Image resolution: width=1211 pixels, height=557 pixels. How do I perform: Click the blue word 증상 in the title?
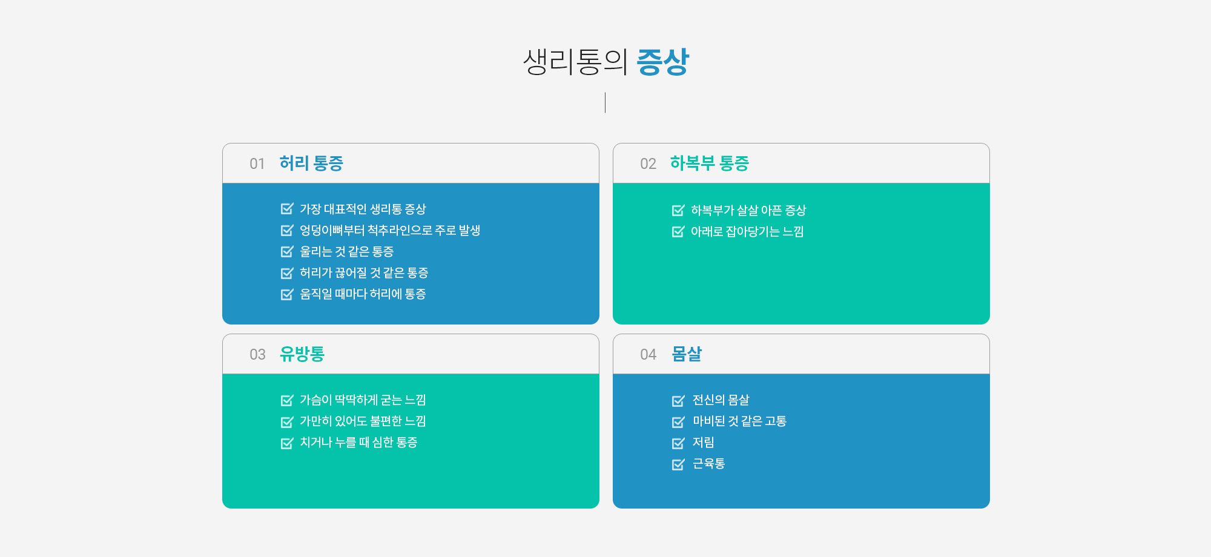click(x=663, y=62)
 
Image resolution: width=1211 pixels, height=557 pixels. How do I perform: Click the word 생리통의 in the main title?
click(x=575, y=62)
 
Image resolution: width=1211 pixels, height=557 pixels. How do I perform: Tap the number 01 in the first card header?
click(x=257, y=164)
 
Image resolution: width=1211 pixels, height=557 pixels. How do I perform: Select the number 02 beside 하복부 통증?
click(x=648, y=164)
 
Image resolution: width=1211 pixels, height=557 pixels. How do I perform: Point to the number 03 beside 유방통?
click(x=257, y=355)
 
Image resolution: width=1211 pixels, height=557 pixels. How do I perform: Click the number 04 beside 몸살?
click(x=648, y=355)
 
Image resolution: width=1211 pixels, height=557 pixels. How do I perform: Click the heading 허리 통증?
click(x=311, y=163)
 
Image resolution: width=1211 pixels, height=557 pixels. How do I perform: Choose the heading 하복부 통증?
click(x=710, y=163)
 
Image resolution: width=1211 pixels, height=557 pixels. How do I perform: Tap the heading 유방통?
click(x=302, y=354)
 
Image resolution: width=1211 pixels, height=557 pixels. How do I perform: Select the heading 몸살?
click(x=687, y=354)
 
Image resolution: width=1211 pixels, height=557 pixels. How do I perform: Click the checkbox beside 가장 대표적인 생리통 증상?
click(x=287, y=209)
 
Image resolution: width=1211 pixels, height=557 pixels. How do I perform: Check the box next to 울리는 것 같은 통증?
click(x=287, y=251)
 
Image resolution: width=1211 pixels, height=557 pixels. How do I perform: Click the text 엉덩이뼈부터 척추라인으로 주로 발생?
click(x=390, y=231)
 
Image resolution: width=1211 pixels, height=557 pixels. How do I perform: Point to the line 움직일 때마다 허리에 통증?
click(x=363, y=294)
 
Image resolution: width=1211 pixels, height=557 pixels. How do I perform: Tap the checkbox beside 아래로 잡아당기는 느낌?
click(x=678, y=232)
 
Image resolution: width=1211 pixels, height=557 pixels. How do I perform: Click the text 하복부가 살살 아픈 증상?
click(x=748, y=211)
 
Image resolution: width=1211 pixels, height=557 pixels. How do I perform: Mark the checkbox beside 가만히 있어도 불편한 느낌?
click(x=287, y=421)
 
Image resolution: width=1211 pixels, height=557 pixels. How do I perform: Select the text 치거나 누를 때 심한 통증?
click(x=358, y=443)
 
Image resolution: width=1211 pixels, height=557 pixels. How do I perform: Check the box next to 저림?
click(x=678, y=443)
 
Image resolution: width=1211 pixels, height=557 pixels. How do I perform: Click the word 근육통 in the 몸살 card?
click(x=709, y=464)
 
